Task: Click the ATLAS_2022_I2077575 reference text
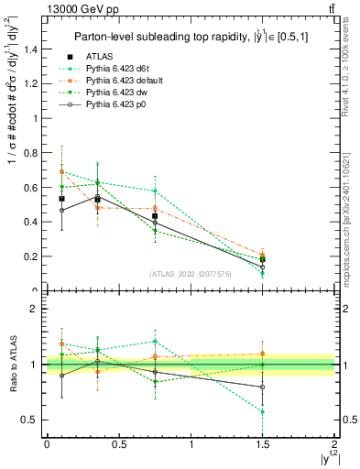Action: coord(191,273)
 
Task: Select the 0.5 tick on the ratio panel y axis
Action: coord(34,420)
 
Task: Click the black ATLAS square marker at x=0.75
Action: coord(155,217)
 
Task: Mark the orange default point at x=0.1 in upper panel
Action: coord(61,171)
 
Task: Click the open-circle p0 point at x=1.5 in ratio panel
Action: coord(263,387)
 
